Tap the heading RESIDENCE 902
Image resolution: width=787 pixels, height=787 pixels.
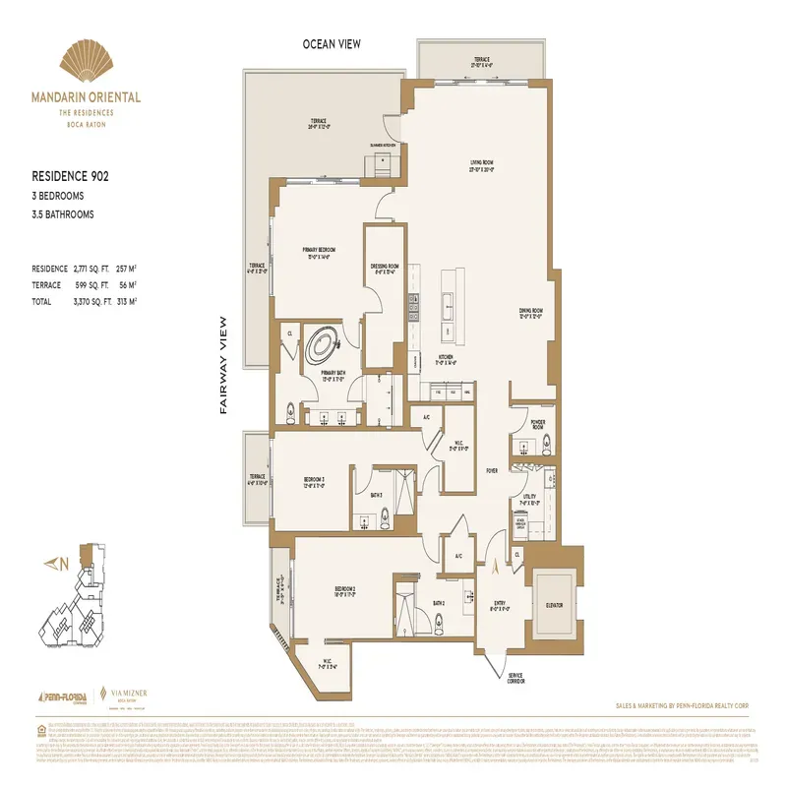pos(70,177)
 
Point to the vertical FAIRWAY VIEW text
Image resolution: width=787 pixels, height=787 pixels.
pos(224,365)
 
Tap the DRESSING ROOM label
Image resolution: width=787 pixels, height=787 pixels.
pos(385,268)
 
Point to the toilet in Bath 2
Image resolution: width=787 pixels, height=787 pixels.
pos(437,622)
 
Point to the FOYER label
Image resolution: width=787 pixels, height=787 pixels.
pos(491,470)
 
